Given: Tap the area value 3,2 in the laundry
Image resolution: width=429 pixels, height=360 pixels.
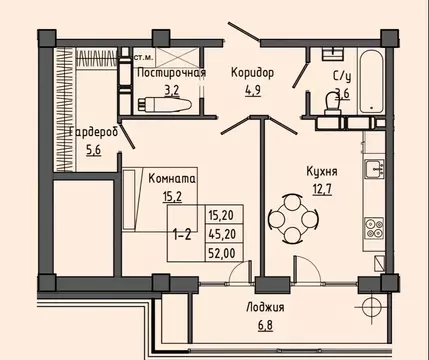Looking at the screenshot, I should pos(171,88).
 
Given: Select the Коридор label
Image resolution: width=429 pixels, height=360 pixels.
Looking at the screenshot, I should pos(251,72).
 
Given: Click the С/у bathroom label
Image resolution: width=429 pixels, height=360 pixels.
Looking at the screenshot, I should pos(341,76).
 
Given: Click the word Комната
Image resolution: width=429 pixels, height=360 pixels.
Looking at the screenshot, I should pos(172,179).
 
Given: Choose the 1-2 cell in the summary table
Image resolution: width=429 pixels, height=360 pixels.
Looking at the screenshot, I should pos(182,235).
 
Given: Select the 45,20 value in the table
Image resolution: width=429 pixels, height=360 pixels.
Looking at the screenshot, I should pos(222,235).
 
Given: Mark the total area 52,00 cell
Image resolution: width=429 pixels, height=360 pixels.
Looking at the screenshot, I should pos(222,254).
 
